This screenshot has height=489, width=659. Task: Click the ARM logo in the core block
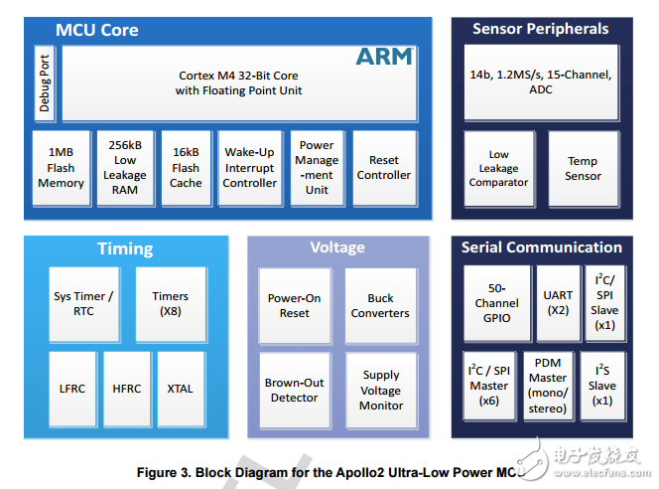[383, 57]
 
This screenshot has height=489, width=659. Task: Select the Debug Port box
[44, 83]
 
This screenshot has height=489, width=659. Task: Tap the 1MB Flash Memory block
[61, 168]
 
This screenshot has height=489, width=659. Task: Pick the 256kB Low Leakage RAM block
[124, 168]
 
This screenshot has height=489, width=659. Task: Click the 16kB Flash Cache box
[186, 168]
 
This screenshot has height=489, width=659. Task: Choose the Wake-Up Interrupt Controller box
[249, 168]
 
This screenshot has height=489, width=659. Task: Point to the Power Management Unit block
[317, 168]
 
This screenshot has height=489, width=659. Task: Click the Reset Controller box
[383, 168]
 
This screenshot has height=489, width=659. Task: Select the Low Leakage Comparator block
[498, 168]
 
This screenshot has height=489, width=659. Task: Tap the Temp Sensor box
[583, 168]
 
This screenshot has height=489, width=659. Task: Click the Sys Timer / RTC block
[83, 304]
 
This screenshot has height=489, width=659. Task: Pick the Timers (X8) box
[170, 304]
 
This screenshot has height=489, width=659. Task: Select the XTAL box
[181, 389]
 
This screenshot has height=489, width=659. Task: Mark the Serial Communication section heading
[541, 246]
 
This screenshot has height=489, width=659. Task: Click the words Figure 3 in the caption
[166, 472]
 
